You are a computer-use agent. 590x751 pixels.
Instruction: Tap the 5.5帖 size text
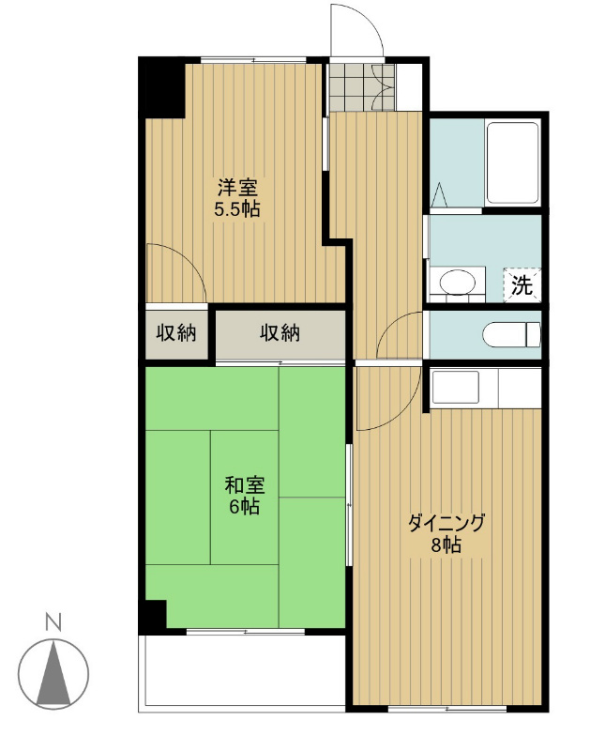tap(237, 209)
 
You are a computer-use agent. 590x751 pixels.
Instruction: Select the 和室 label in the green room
tap(244, 485)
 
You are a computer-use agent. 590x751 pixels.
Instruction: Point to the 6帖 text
tap(244, 507)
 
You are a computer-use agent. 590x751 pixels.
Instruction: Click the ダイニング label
tap(446, 523)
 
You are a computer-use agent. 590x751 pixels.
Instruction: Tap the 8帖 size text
tap(446, 544)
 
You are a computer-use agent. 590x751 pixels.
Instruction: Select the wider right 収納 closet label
tap(280, 332)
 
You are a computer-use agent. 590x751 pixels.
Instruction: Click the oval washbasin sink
tap(458, 283)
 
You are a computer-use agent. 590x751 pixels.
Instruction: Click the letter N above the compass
tap(54, 621)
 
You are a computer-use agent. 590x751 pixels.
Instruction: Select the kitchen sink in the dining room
tap(455, 386)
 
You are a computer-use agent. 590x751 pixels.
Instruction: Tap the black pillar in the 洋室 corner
tap(161, 86)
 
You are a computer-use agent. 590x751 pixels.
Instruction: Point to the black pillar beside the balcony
tap(153, 615)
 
